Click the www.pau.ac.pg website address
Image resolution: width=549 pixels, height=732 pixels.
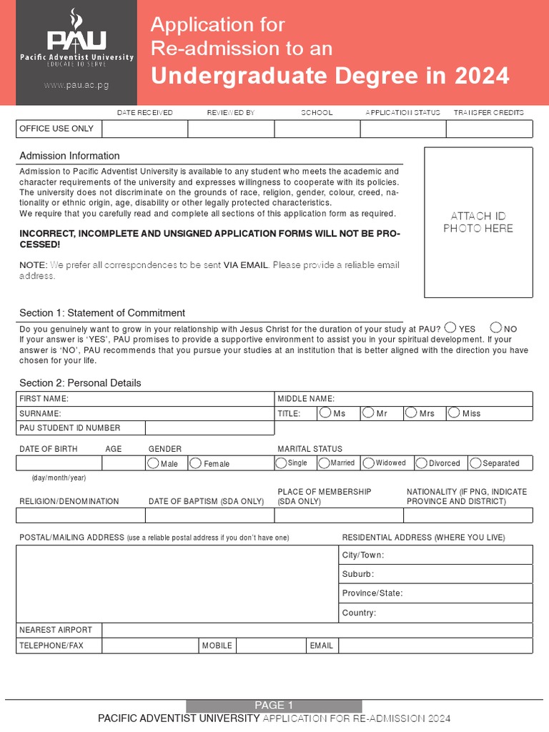(76, 85)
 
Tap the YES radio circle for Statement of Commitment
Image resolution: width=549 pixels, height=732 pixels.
(450, 327)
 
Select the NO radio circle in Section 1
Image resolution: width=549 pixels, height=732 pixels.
(495, 327)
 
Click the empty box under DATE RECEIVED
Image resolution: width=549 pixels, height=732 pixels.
(145, 129)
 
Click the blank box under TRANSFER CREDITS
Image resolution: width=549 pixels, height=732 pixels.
(489, 129)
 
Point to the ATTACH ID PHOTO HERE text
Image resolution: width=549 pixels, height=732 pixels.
(478, 222)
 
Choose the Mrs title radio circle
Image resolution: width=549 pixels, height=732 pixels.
(411, 412)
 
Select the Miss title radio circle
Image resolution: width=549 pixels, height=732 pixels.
(454, 412)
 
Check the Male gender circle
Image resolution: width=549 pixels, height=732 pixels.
(153, 463)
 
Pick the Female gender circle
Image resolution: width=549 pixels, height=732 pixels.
(196, 463)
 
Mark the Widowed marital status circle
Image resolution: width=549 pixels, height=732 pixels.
(369, 463)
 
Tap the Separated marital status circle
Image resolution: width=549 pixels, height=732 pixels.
(476, 463)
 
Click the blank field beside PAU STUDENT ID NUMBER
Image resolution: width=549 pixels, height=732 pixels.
(209, 428)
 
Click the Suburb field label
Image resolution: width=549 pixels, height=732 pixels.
(358, 574)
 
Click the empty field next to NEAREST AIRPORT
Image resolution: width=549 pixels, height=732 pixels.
(317, 630)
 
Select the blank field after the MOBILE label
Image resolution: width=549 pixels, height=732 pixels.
(271, 646)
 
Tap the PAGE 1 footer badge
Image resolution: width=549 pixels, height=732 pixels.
(274, 706)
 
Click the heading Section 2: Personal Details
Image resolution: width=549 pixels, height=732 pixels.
(80, 383)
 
